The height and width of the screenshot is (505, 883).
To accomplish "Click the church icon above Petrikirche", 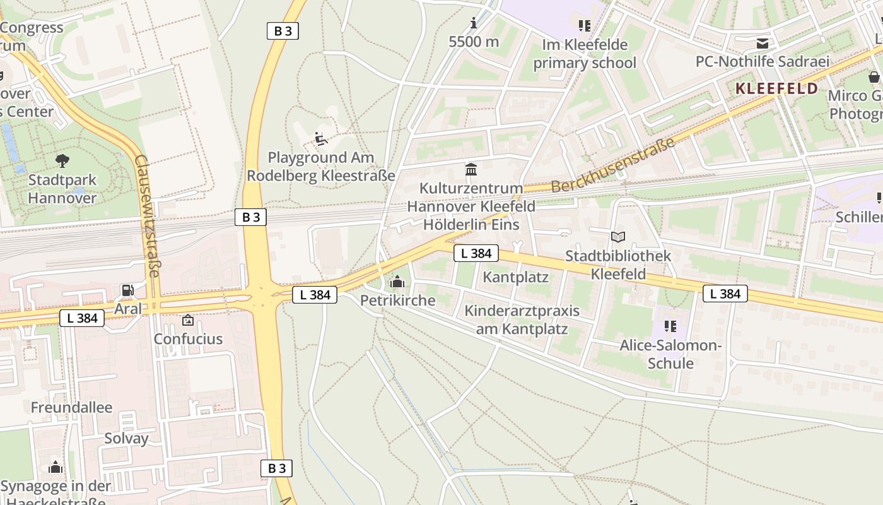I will [397, 282].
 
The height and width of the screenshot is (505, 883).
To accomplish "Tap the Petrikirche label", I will [397, 300].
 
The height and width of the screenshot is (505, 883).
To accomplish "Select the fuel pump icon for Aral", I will [127, 290].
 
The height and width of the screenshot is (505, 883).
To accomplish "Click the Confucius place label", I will [188, 339].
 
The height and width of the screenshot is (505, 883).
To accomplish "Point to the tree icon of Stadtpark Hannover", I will [62, 160].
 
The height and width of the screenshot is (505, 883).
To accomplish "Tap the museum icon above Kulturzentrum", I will [471, 169].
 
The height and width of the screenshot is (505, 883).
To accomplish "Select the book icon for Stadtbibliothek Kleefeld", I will [618, 237].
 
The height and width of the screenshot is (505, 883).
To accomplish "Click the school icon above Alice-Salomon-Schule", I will [670, 326].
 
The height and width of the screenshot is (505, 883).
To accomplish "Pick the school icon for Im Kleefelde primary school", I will [584, 26].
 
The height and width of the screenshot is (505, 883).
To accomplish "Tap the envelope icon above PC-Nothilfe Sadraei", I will [763, 43].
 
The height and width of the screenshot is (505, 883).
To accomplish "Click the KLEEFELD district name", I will [777, 88].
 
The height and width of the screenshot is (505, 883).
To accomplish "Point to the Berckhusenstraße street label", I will [613, 165].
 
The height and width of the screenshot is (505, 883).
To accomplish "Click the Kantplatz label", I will [515, 277].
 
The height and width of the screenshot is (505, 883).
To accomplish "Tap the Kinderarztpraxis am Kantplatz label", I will [522, 320].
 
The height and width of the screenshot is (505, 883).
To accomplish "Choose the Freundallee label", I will [71, 408].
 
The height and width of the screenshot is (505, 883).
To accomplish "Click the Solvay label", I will [126, 439].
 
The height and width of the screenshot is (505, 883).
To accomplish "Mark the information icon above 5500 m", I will [474, 24].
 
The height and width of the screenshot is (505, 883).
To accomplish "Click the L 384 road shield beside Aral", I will [82, 318].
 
